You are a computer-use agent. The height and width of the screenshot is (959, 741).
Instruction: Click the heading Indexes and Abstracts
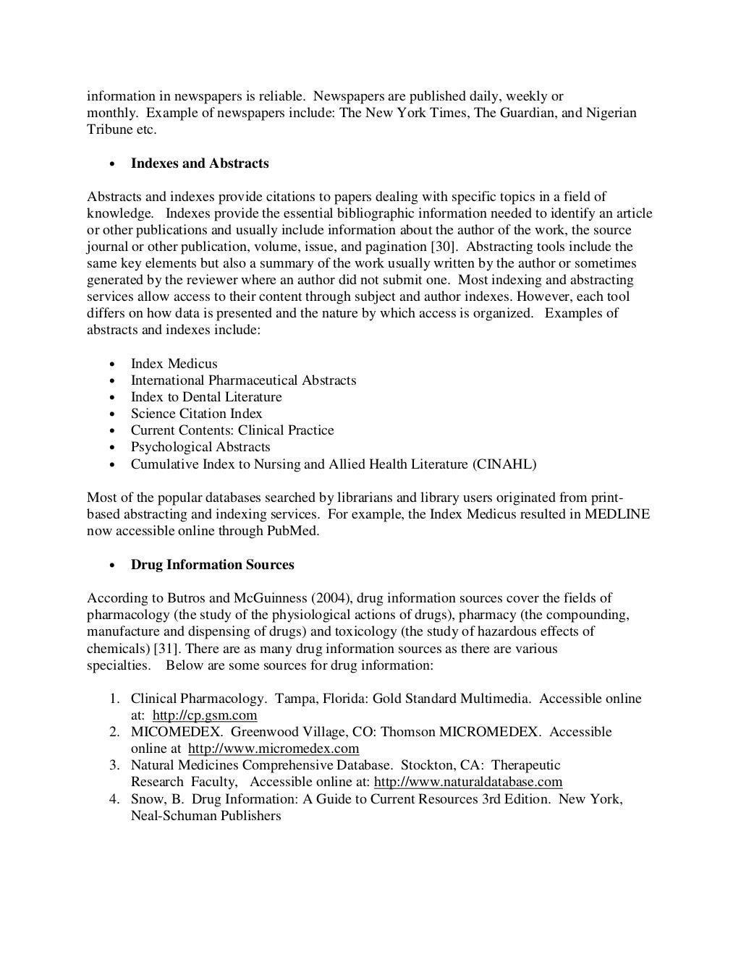pyautogui.click(x=199, y=163)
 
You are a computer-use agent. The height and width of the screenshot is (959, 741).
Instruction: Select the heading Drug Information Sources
pyautogui.click(x=212, y=565)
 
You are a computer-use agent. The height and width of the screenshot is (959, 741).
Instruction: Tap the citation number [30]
pyautogui.click(x=444, y=247)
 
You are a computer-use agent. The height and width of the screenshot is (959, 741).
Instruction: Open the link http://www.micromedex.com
pyautogui.click(x=274, y=749)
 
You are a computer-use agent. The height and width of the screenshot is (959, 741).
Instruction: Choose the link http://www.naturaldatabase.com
pyautogui.click(x=467, y=782)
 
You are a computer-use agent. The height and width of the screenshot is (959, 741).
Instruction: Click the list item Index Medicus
pyautogui.click(x=174, y=364)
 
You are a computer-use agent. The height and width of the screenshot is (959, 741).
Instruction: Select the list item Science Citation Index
pyautogui.click(x=196, y=414)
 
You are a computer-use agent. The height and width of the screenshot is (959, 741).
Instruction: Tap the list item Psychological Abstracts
pyautogui.click(x=200, y=447)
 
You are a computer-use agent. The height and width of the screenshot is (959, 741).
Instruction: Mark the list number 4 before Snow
pyautogui.click(x=114, y=799)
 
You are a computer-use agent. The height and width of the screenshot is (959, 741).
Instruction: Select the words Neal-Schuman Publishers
pyautogui.click(x=206, y=816)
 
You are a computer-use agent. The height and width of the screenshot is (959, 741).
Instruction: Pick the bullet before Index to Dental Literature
pyautogui.click(x=112, y=398)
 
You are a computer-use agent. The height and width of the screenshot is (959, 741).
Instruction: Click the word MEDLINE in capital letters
pyautogui.click(x=617, y=514)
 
